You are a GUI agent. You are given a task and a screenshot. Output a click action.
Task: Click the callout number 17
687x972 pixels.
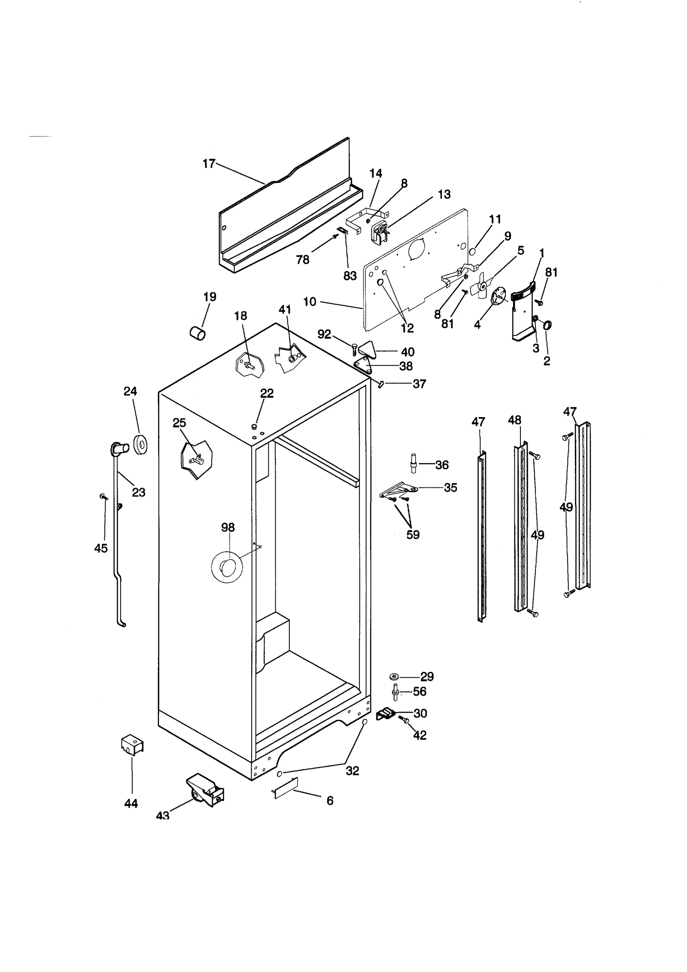(x=209, y=164)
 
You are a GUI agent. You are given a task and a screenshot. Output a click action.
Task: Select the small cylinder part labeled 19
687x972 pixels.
(x=198, y=333)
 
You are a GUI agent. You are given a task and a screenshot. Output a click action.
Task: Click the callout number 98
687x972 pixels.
(x=228, y=527)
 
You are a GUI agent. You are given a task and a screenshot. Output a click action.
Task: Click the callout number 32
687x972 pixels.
(x=352, y=771)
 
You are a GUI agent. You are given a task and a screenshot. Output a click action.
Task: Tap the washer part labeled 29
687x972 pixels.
(x=393, y=677)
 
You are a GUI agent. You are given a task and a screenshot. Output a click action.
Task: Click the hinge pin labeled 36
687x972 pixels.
(x=413, y=463)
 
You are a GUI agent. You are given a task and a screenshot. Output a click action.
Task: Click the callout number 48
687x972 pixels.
(x=514, y=420)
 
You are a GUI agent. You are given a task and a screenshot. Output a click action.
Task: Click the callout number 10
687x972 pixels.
(x=310, y=302)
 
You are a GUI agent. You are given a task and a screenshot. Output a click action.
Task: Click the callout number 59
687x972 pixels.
(x=413, y=535)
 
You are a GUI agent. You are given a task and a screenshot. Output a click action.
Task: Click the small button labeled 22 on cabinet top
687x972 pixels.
(x=254, y=427)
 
